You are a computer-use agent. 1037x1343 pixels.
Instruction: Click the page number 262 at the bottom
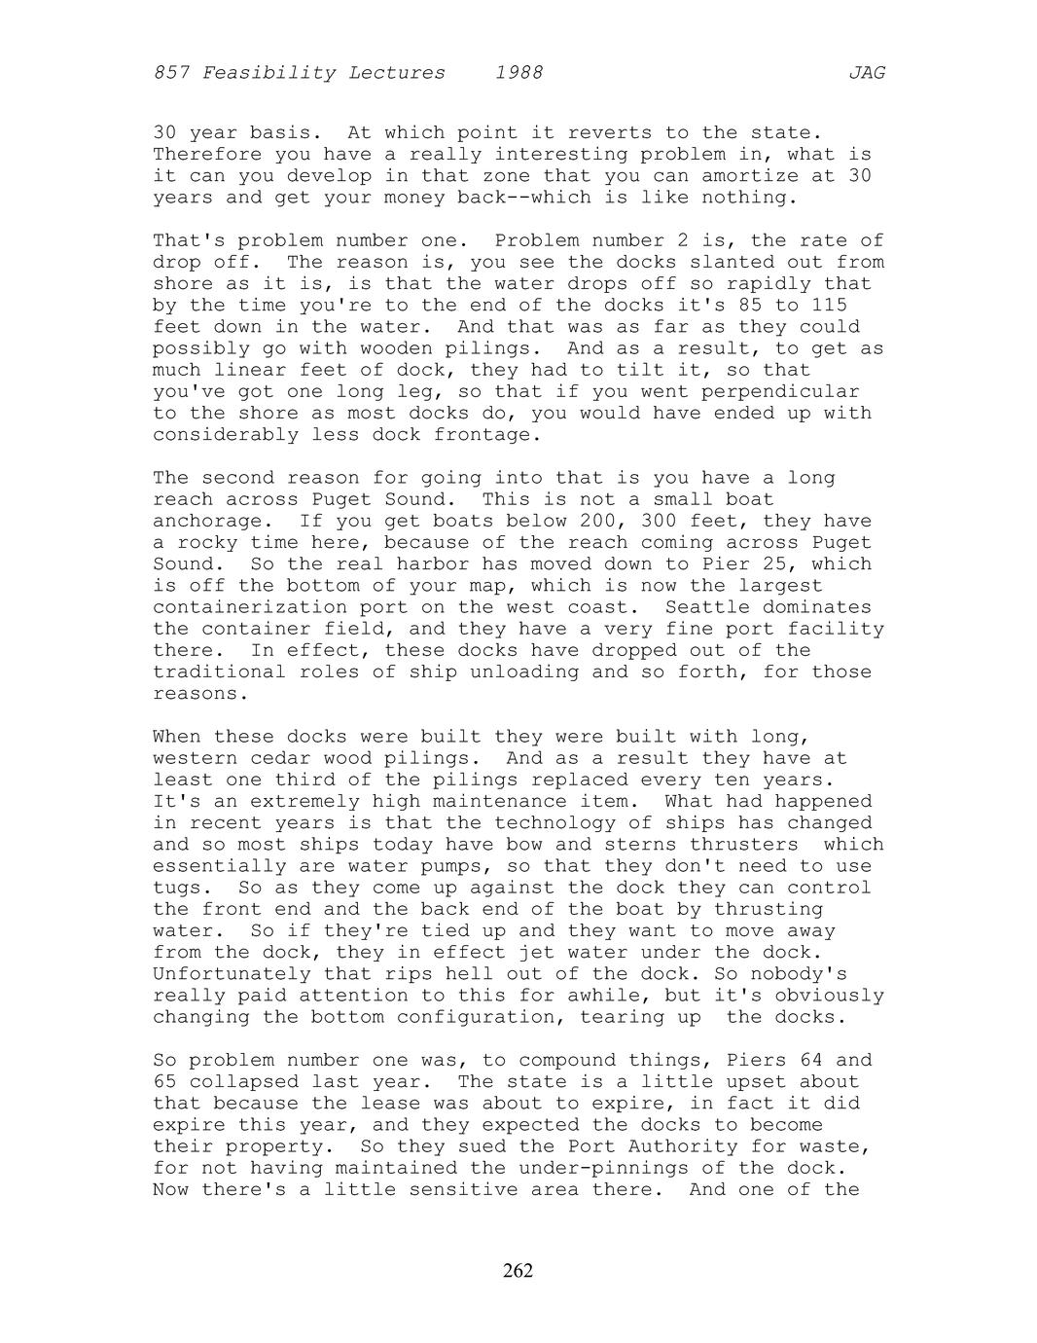[518, 1270]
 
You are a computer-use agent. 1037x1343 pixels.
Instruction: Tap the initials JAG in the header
[866, 73]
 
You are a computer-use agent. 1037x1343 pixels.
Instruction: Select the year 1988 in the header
[518, 73]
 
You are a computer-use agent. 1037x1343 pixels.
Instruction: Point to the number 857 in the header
[171, 73]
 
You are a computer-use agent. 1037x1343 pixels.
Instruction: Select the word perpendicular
[774, 391]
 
